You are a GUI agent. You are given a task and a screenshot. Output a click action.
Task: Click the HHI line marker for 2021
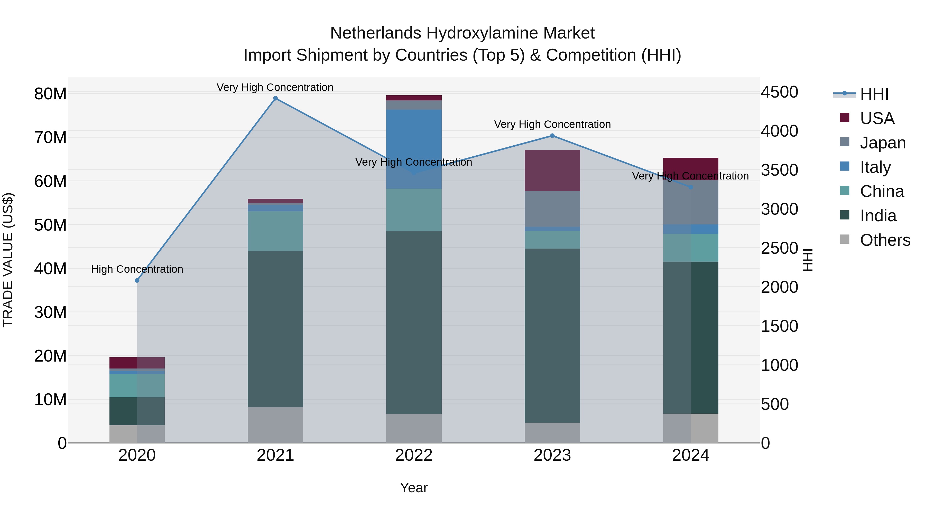pyautogui.click(x=275, y=98)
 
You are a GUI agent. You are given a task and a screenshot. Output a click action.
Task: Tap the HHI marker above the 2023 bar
pyautogui.click(x=552, y=136)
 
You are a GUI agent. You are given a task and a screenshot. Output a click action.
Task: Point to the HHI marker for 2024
pyautogui.click(x=690, y=187)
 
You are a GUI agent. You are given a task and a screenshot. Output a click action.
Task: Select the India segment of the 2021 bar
pyautogui.click(x=275, y=328)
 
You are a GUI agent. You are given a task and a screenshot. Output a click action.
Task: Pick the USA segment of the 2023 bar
pyautogui.click(x=552, y=171)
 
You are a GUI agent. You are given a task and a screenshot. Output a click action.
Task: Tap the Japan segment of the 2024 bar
pyautogui.click(x=690, y=203)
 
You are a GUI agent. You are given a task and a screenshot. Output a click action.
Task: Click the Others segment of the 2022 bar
pyautogui.click(x=414, y=428)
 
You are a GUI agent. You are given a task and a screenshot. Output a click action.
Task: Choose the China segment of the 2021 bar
pyautogui.click(x=275, y=231)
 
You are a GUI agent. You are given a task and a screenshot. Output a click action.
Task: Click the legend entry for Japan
pyautogui.click(x=883, y=143)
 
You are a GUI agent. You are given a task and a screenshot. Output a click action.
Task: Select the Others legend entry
pyautogui.click(x=885, y=240)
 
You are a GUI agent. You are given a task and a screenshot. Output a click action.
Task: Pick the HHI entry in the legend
pyautogui.click(x=874, y=94)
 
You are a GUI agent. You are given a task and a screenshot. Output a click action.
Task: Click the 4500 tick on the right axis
pyautogui.click(x=779, y=92)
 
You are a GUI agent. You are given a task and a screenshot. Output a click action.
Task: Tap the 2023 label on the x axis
pyautogui.click(x=552, y=455)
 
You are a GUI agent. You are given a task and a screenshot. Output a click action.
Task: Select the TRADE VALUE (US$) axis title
pyautogui.click(x=8, y=260)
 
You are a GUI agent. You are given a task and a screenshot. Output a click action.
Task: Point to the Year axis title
pyautogui.click(x=414, y=488)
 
